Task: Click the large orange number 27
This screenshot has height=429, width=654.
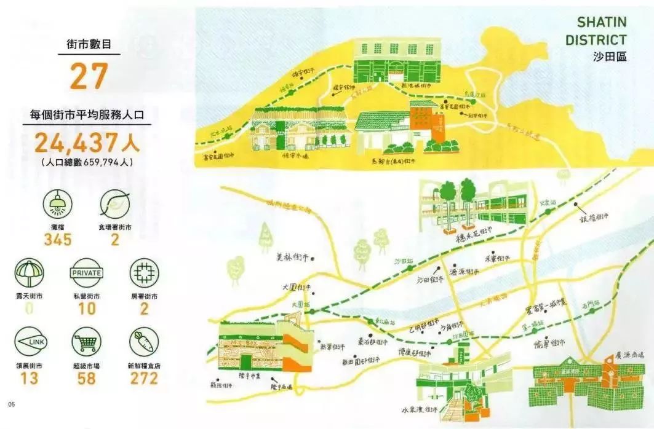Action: click(89, 76)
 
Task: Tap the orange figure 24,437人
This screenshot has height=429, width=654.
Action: click(87, 143)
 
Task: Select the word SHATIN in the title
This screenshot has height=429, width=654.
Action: click(601, 23)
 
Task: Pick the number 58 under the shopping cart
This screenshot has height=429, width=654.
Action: click(87, 378)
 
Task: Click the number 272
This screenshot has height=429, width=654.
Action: click(144, 378)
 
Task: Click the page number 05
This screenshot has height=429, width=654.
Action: click(11, 404)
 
